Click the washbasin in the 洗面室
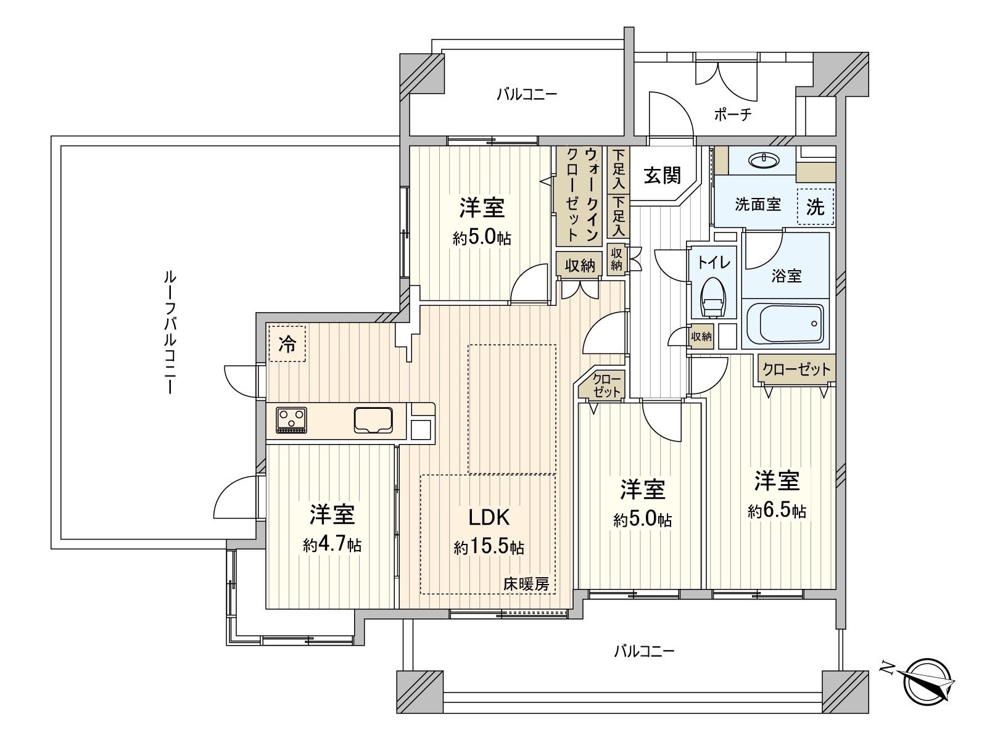[763, 160]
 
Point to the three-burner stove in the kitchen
[291, 420]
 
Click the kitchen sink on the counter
[373, 419]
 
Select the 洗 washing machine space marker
[816, 207]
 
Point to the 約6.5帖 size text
[777, 511]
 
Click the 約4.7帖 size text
[332, 545]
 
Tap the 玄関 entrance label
[663, 176]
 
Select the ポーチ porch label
[733, 115]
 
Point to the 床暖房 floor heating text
[526, 584]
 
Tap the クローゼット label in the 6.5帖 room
[796, 369]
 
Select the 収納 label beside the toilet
[701, 337]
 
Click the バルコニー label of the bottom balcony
[644, 651]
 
